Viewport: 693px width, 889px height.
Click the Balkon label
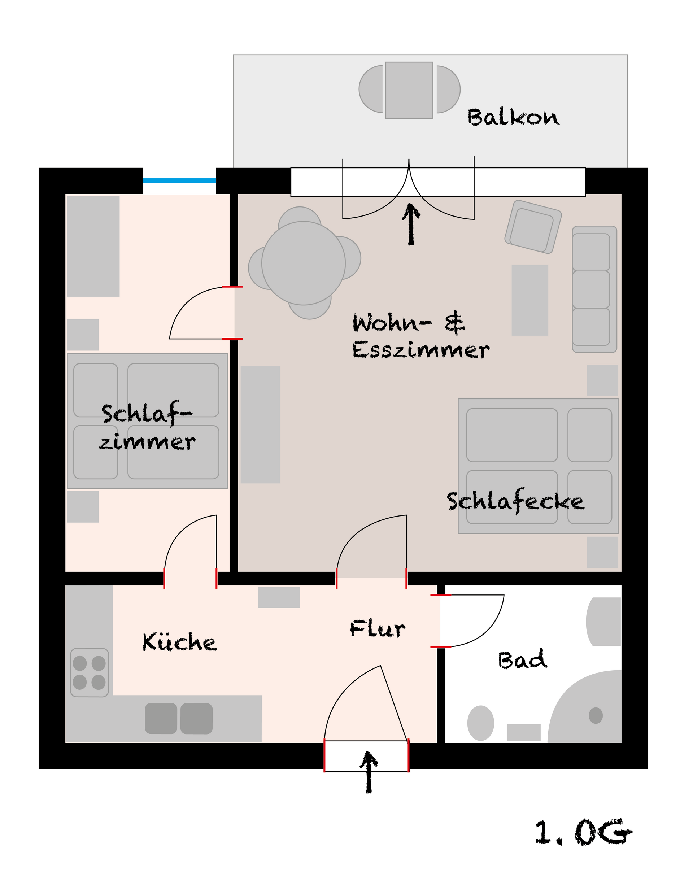(513, 118)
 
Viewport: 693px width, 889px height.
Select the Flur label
(378, 629)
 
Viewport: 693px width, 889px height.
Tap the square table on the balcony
(409, 90)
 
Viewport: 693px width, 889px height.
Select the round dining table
(304, 263)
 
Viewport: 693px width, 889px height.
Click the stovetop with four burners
(90, 672)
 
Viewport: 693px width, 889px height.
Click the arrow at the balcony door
(411, 224)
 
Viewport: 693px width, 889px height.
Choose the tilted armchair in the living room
(533, 227)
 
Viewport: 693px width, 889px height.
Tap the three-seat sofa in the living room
(594, 289)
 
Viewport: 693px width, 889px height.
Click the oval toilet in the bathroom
(480, 723)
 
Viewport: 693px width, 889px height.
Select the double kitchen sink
(179, 718)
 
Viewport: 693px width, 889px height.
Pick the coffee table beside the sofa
(530, 300)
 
